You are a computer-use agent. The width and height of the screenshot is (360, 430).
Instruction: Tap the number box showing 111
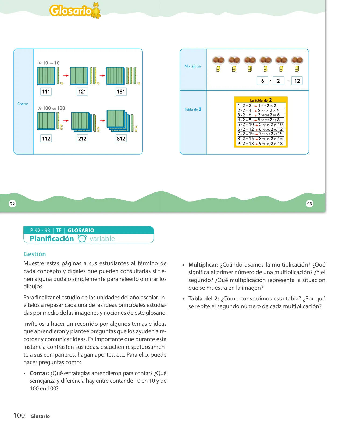(46, 92)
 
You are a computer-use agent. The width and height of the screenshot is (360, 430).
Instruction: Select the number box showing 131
(121, 92)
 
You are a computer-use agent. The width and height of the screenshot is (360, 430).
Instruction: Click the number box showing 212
(82, 139)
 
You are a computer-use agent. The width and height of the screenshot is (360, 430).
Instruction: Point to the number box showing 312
(121, 139)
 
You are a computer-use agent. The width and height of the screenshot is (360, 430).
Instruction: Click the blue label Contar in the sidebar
(23, 104)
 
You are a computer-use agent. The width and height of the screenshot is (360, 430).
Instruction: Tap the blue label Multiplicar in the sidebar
(193, 66)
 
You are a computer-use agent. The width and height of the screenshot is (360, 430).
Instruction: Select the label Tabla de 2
(193, 109)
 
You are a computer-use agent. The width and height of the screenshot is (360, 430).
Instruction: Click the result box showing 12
(297, 81)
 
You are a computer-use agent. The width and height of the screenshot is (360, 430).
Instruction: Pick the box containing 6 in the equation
(262, 81)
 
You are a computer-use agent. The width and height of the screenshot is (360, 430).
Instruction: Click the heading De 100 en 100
(51, 108)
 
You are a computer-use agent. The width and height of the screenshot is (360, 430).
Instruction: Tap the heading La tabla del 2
(261, 100)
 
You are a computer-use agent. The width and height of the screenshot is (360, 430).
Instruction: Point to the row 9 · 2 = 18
(260, 144)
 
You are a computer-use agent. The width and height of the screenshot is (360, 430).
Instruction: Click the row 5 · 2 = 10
(260, 124)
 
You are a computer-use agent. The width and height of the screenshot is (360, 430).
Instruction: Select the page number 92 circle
(12, 204)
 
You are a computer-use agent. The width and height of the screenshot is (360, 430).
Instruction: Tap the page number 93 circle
(309, 204)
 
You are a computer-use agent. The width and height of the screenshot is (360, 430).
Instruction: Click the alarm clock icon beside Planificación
(82, 239)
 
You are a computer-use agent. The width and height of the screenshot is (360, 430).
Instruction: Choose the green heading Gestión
(35, 254)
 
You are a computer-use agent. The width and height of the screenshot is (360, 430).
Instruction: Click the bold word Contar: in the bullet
(39, 373)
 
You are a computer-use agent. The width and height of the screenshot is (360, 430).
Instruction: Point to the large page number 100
(19, 415)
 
